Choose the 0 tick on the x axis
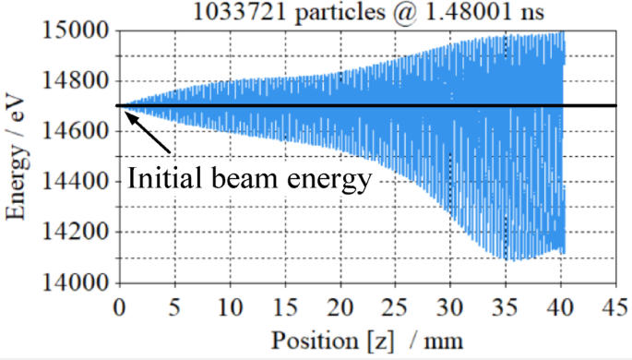coord(119,305)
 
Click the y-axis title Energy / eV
coord(16,157)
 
